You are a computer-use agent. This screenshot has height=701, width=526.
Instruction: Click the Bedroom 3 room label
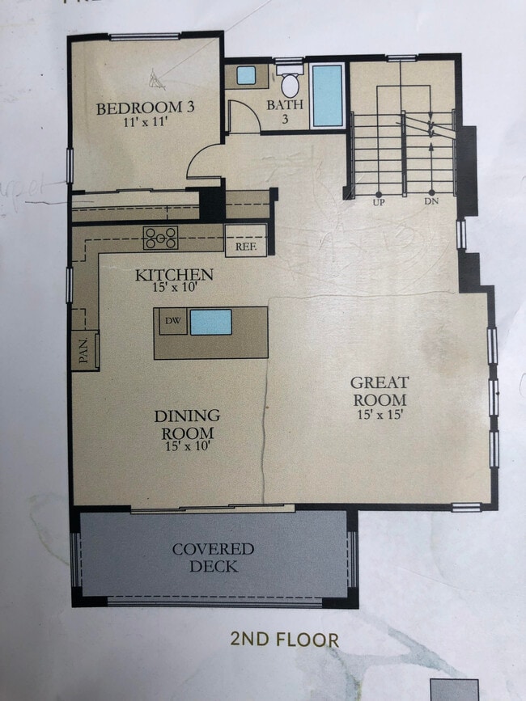tap(145, 108)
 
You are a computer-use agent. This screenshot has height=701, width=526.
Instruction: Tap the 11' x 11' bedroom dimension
tap(145, 124)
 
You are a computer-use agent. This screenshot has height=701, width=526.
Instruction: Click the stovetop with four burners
tap(160, 237)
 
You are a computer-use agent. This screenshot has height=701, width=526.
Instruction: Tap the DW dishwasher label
tap(172, 321)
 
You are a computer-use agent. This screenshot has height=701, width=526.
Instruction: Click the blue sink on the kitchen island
tap(210, 322)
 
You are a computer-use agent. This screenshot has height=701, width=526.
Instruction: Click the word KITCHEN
tap(174, 275)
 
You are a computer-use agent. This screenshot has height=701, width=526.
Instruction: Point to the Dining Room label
tap(187, 424)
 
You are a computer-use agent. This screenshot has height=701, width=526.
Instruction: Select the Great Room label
tap(379, 391)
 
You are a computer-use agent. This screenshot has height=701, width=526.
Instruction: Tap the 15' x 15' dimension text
tap(379, 416)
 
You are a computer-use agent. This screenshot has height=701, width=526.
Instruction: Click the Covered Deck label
tap(214, 557)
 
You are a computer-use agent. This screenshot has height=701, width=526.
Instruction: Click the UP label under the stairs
tap(378, 201)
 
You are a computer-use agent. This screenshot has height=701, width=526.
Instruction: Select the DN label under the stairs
tap(431, 201)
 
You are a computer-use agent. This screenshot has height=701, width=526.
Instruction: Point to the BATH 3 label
tap(285, 111)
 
